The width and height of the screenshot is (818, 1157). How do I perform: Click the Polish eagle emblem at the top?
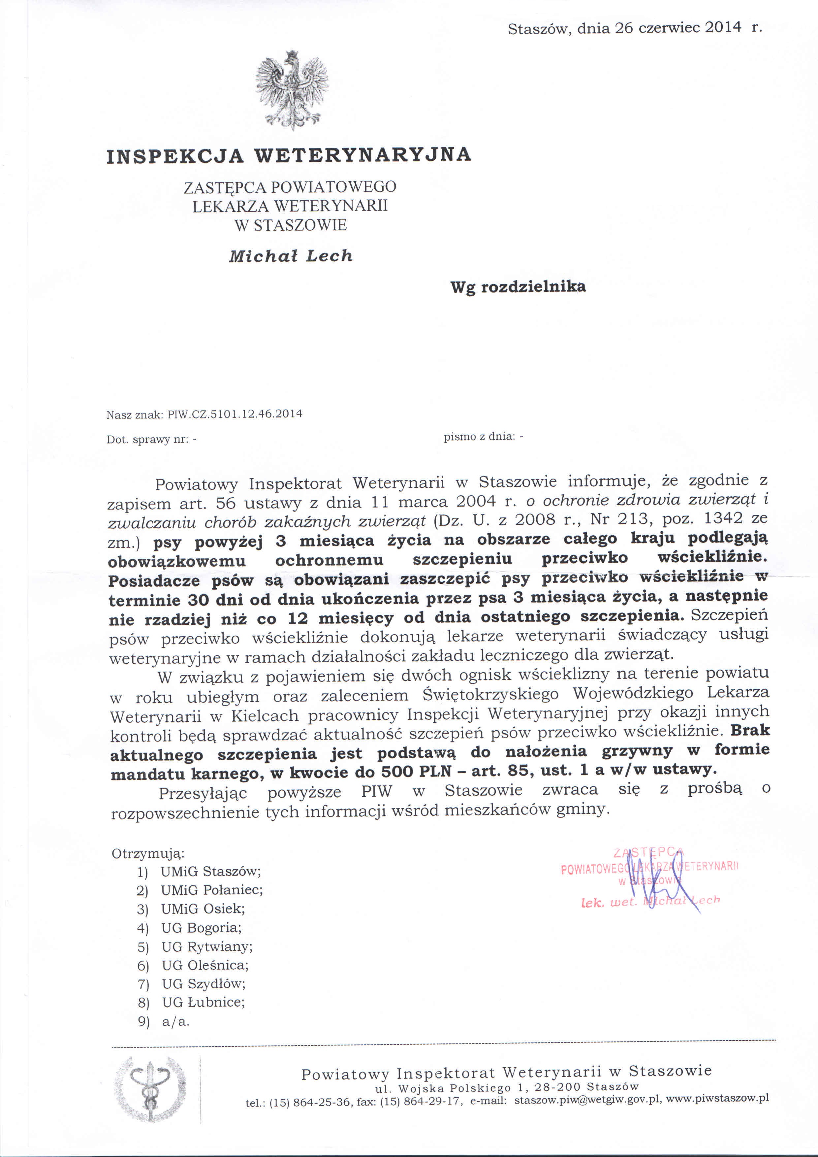[x=292, y=91]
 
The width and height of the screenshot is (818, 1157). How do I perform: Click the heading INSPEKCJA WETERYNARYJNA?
[x=289, y=155]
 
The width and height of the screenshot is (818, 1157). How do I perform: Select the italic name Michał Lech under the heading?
[x=291, y=256]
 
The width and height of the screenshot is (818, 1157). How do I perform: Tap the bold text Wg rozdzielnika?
[x=518, y=287]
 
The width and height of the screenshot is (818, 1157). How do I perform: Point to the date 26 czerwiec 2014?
[x=678, y=28]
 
